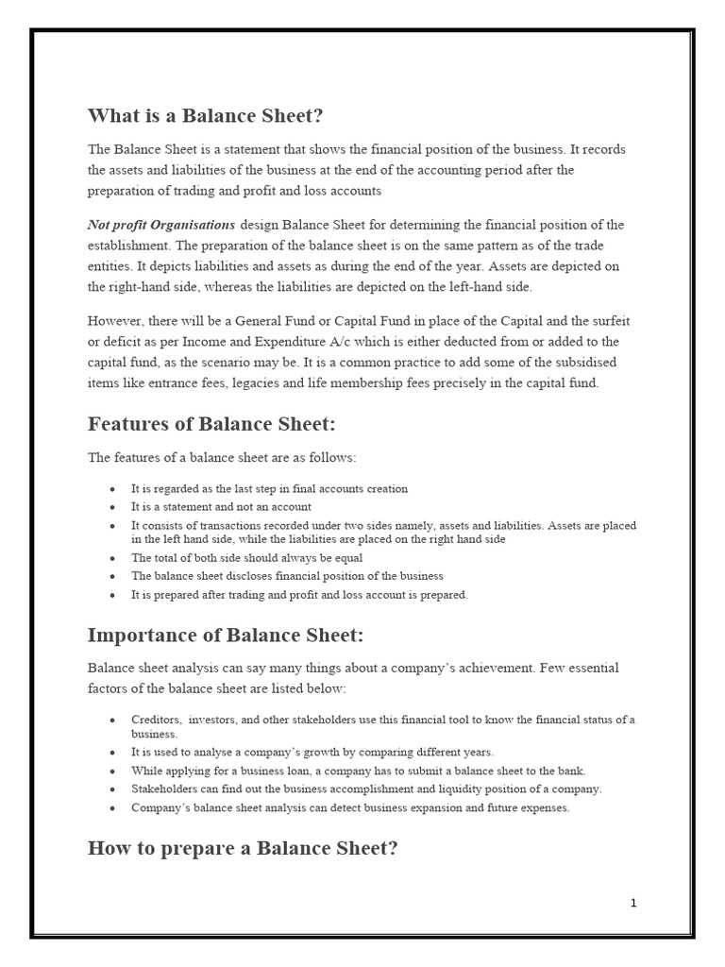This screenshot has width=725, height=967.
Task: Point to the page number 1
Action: (x=633, y=904)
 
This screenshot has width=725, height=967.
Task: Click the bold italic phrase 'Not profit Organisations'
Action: (x=161, y=225)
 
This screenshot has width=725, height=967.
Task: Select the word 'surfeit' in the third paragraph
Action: (x=597, y=321)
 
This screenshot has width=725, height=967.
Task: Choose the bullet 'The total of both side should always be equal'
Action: (x=246, y=558)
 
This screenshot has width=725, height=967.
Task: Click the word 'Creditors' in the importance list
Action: (x=157, y=721)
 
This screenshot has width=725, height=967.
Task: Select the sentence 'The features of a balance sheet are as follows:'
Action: (x=222, y=458)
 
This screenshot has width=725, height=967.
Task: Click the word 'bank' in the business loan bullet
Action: (x=571, y=772)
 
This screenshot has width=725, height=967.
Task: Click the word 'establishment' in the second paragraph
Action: (x=128, y=246)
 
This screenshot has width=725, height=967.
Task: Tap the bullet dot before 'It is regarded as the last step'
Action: (x=112, y=489)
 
